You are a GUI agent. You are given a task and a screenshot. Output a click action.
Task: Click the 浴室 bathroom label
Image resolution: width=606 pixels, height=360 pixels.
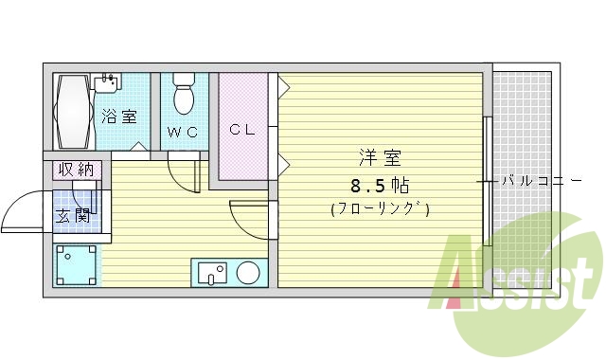point(119,117)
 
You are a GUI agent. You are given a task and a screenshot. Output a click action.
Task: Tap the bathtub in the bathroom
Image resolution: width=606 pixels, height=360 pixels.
point(71,111)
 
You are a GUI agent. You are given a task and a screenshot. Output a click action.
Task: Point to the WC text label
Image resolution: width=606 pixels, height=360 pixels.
point(183,132)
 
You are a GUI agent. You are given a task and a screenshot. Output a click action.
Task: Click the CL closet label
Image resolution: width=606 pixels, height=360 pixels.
point(241,130)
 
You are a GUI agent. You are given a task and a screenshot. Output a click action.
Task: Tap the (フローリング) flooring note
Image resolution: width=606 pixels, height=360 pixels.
point(380,209)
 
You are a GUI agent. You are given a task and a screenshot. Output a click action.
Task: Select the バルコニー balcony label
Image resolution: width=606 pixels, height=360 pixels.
point(542,179)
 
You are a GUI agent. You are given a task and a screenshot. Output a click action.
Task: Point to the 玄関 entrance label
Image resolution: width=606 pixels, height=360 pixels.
point(73,216)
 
